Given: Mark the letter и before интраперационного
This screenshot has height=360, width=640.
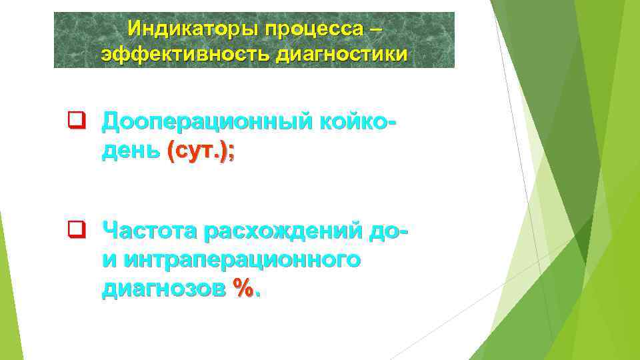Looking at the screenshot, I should pyautogui.click(x=108, y=260).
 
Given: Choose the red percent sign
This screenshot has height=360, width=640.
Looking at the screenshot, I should pyautogui.click(x=245, y=288).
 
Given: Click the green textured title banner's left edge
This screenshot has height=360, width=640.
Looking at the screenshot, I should pyautogui.click(x=56, y=40).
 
